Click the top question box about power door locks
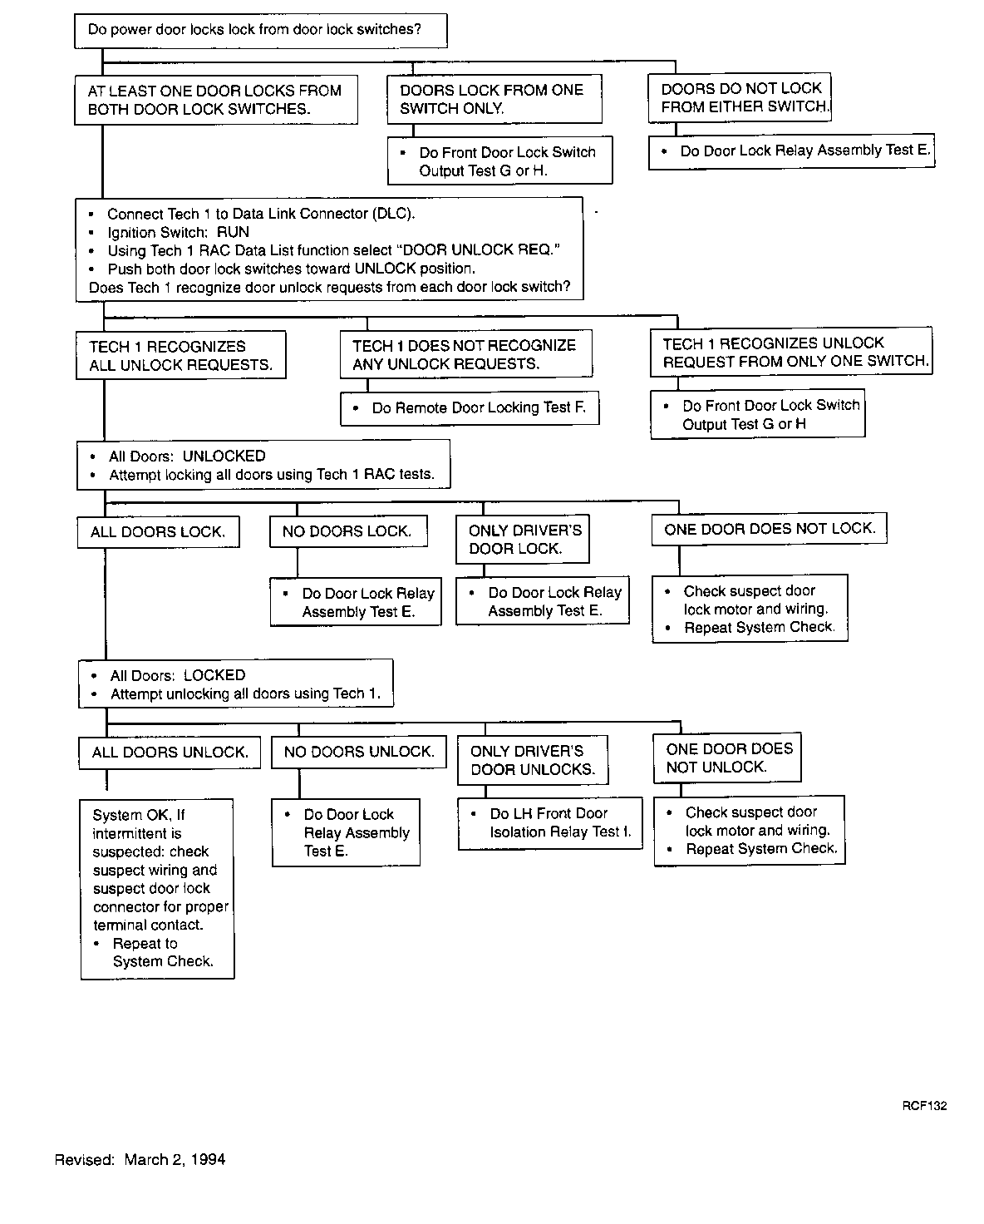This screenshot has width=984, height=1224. pos(260,31)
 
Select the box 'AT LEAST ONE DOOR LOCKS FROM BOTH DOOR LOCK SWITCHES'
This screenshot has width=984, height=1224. pos(216,100)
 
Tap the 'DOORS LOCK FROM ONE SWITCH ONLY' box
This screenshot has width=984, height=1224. pos(494,99)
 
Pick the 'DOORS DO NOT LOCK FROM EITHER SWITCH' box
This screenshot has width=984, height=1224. pos(740,97)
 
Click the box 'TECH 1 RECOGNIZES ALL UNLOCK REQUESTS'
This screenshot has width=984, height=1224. pos(181,355)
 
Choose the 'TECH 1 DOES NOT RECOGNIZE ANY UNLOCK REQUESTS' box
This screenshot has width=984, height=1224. pos(465,354)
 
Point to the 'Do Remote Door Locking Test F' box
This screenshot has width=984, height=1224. pos(470,408)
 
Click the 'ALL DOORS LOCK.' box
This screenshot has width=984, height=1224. pos(158,532)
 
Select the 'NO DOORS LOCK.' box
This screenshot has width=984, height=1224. pos(348,531)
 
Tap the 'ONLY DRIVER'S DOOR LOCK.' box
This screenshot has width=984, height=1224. pos(523,539)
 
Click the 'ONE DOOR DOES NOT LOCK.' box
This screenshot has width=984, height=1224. pos(770,528)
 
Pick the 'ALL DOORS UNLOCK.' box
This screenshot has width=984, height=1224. pos(170,753)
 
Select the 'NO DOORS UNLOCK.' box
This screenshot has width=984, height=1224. pos(359,752)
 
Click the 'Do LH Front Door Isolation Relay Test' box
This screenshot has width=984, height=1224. pos(550,823)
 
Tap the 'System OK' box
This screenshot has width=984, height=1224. pos(158,888)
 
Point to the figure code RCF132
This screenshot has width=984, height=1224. pos(924,1106)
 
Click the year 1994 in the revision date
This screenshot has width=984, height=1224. pos(209,1159)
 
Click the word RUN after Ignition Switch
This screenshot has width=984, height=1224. pos(233,232)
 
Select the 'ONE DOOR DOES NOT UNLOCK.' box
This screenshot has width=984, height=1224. pos(727,758)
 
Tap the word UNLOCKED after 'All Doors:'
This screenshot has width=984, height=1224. pos(224,456)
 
